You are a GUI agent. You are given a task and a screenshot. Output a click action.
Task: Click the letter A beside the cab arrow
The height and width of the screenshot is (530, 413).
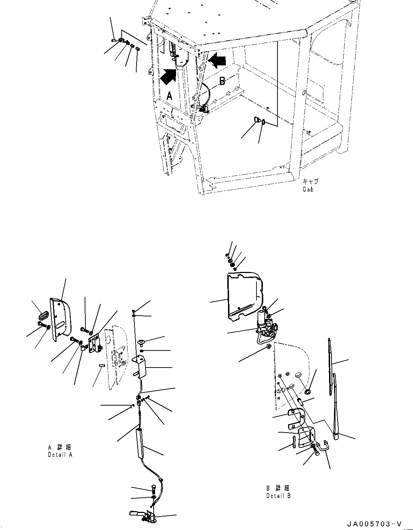169,96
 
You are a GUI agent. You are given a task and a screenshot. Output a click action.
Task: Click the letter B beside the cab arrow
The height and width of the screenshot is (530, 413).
222,81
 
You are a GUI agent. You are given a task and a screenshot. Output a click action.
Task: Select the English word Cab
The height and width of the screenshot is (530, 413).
308,189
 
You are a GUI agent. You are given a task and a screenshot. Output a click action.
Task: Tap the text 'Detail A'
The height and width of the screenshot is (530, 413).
60,455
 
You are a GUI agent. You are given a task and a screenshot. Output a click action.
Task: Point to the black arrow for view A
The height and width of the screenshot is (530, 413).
168,76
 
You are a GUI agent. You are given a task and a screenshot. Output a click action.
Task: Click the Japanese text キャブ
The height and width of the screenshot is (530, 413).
311,181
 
